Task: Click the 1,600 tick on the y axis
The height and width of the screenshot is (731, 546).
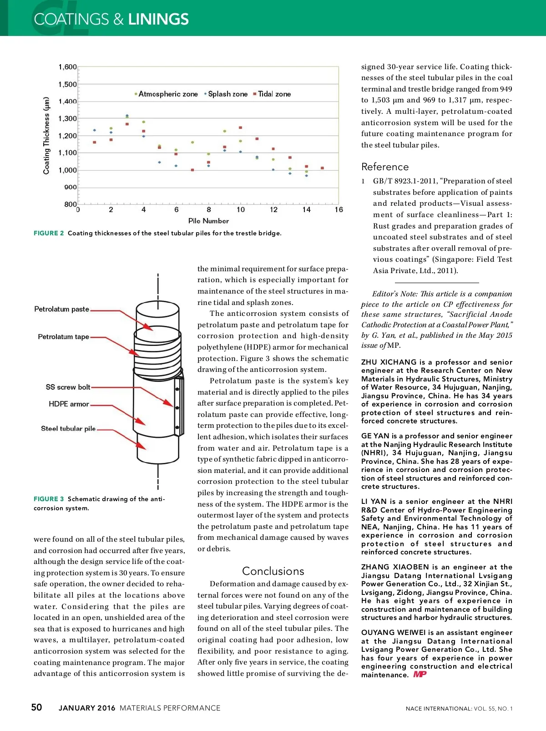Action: (x=68, y=67)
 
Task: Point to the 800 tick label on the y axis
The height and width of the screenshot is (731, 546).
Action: (x=71, y=204)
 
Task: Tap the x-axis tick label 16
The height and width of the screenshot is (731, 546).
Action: (x=339, y=210)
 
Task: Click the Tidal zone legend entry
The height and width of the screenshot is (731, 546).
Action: (x=274, y=94)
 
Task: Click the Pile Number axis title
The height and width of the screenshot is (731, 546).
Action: (x=208, y=221)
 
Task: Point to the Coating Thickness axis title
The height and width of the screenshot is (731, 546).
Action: (x=46, y=136)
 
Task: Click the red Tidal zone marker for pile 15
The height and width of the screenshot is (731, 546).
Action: (x=323, y=168)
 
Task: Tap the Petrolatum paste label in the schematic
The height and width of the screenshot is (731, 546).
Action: (x=62, y=309)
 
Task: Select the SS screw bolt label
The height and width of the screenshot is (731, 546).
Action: (x=68, y=387)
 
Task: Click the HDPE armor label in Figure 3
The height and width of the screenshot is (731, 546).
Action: (x=69, y=404)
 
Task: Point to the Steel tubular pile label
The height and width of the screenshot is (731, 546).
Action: (x=68, y=428)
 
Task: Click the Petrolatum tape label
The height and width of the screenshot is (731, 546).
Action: (x=64, y=337)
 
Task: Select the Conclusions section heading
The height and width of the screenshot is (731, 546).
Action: (x=273, y=571)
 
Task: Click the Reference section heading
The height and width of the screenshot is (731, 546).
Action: (x=385, y=167)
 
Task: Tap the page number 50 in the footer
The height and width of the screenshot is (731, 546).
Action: (x=36, y=707)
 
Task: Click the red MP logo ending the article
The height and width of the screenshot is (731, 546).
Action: (x=420, y=675)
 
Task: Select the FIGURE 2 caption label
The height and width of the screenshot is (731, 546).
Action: (x=49, y=233)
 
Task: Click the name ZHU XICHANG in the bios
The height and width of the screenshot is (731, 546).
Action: (x=389, y=362)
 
